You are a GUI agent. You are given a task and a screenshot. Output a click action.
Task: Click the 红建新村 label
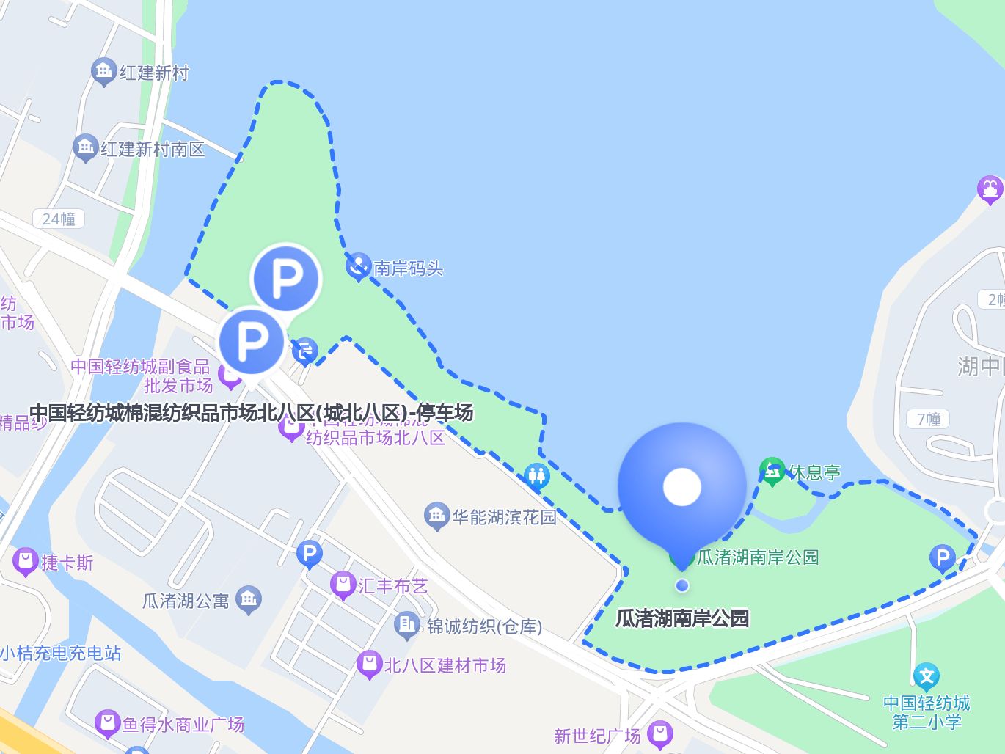154,73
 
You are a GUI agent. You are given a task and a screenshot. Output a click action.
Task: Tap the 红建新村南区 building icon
86,147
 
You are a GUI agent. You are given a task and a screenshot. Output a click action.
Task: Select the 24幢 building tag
59,219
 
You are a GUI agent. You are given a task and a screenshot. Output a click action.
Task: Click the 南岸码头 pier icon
358,266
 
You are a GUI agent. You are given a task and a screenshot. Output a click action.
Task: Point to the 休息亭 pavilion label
814,472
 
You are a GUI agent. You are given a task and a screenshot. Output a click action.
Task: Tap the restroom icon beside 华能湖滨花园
537,476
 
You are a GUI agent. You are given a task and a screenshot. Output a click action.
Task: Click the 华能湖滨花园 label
504,517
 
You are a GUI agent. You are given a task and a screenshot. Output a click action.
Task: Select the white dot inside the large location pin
682,487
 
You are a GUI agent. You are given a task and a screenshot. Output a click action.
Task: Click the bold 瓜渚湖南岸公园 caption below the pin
682,618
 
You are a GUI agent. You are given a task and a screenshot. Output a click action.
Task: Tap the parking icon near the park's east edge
942,557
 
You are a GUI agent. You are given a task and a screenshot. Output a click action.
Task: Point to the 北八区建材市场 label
445,665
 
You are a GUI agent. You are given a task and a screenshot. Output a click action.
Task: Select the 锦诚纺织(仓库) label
484,626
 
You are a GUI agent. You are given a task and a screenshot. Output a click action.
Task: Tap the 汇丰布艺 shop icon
343,585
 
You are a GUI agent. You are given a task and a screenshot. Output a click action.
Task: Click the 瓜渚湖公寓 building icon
249,599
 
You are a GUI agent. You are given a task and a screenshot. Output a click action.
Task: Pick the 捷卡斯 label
67,563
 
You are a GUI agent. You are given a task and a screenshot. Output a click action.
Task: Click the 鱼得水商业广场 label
183,725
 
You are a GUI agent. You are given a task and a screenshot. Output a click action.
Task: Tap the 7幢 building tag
928,419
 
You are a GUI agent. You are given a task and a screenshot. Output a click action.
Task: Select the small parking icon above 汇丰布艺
310,554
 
